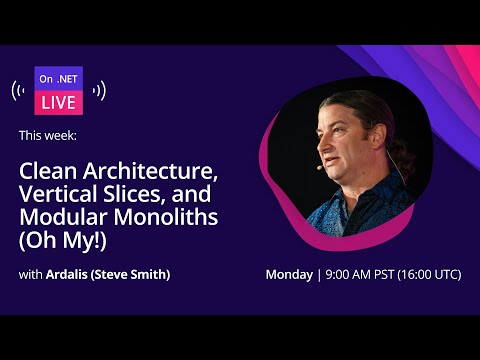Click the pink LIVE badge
[x=58, y=103]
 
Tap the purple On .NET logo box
[x=58, y=79]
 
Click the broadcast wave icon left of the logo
[x=21, y=91]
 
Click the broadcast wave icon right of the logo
[x=97, y=91]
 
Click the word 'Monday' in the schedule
[x=289, y=275]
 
